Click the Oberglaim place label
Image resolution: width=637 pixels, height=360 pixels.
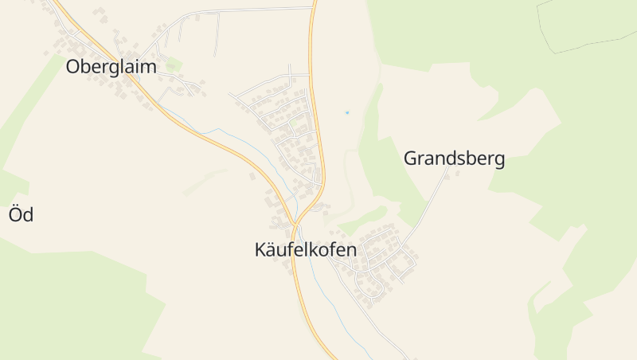click(111, 67)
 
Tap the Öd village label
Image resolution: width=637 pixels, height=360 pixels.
click(21, 214)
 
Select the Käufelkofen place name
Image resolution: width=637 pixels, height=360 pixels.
click(305, 249)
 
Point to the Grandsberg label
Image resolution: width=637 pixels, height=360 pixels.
click(454, 158)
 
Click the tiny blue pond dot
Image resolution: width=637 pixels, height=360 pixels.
click(346, 112)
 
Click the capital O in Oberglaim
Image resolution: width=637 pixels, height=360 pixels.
click(73, 67)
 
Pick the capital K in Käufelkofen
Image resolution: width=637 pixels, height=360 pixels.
click(260, 249)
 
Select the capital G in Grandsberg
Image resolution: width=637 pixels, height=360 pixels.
click(411, 158)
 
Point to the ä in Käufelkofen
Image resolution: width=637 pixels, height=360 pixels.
click(272, 249)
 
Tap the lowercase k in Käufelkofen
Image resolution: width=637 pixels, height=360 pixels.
click(317, 249)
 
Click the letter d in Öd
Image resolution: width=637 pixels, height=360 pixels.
click(28, 214)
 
